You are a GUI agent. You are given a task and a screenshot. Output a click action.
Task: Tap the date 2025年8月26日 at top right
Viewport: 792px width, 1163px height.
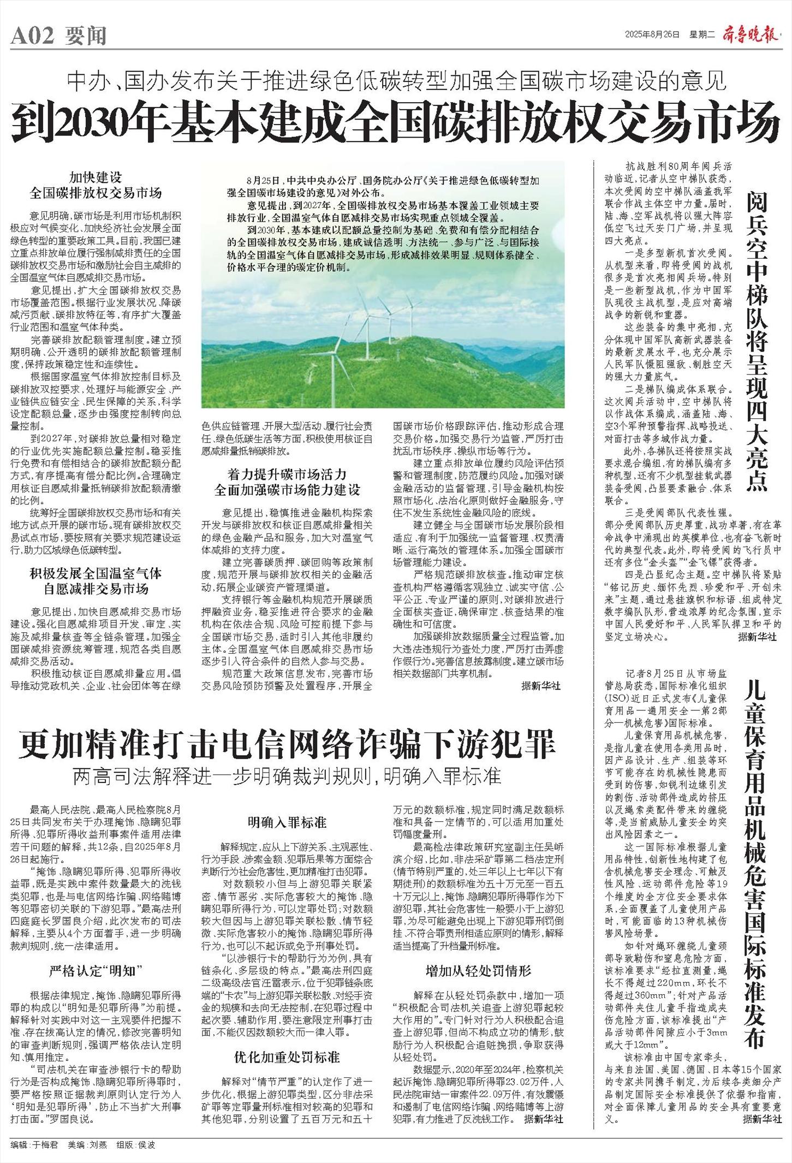tap(652, 34)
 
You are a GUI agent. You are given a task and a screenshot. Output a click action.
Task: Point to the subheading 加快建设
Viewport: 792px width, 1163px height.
tap(96, 177)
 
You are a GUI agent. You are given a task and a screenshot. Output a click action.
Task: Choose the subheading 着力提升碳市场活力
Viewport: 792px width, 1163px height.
tap(287, 473)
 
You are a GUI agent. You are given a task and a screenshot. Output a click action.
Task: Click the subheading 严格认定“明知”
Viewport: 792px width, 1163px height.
tap(96, 970)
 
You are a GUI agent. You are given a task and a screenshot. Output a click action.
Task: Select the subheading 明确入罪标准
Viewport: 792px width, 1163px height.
tap(287, 822)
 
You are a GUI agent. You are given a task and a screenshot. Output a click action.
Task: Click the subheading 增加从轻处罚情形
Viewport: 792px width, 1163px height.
tap(478, 970)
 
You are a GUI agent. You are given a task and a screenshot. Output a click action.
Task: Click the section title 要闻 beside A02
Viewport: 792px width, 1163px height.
tap(86, 37)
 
